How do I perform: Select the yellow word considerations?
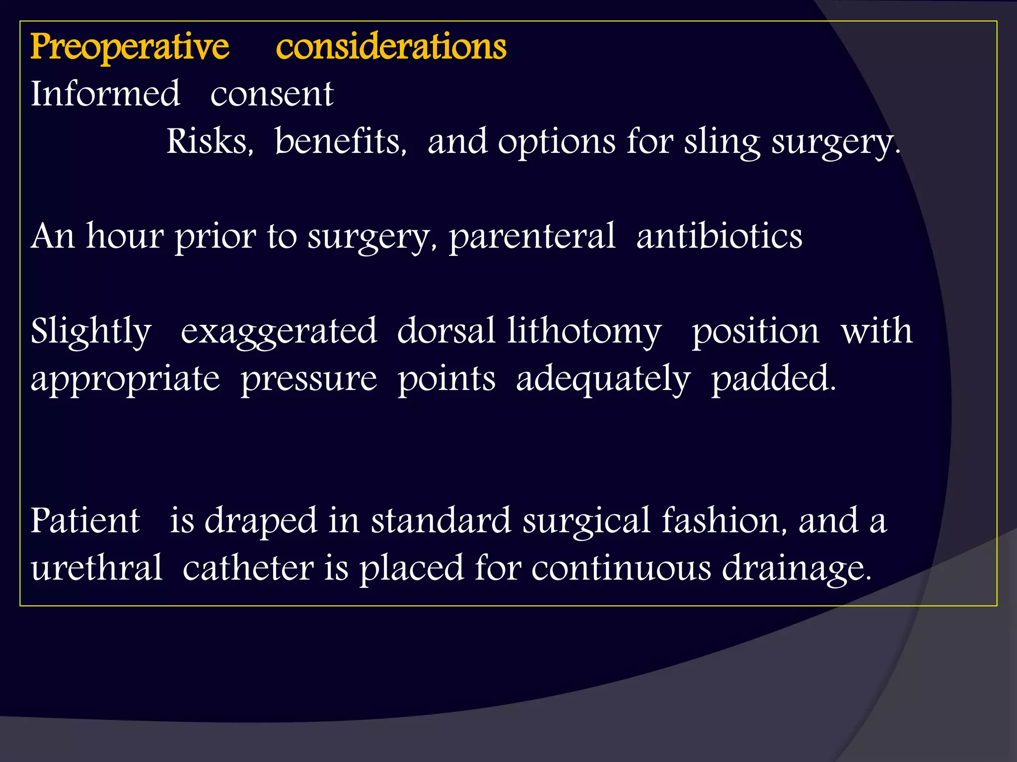point(391,47)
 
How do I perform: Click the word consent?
point(272,94)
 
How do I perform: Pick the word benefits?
point(341,141)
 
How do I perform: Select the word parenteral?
point(532,236)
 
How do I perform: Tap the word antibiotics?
point(719,236)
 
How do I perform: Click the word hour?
point(124,236)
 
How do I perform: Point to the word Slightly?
point(91,331)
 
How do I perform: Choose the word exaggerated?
point(279,331)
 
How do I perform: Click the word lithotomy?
point(584,331)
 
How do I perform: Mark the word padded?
point(773,379)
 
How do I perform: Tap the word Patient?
point(85,521)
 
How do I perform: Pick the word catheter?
point(248,568)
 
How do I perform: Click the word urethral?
point(96,568)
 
